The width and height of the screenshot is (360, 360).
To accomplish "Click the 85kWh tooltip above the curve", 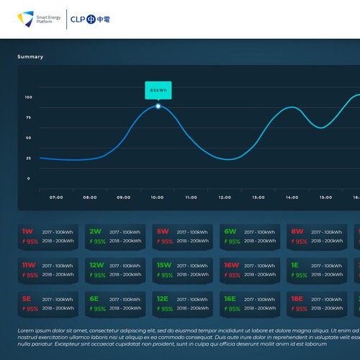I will point(158,91).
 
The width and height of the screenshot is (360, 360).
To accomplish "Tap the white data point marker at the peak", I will point(158,107).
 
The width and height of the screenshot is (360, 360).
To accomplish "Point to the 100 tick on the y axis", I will point(28,97).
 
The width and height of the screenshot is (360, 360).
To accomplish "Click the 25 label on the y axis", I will point(28,158).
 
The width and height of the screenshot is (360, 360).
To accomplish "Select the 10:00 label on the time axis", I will point(157,197).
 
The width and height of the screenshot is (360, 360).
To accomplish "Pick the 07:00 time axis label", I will point(56,197).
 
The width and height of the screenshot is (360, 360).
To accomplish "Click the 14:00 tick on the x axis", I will point(292,197).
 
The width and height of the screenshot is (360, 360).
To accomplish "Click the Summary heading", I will point(30,57).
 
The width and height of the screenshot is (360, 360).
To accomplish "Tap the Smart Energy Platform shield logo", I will point(26,18).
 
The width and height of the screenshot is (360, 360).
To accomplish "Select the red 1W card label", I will point(27,232).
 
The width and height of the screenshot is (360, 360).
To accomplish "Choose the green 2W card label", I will point(95,232).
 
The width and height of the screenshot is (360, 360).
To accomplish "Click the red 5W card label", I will point(162,232).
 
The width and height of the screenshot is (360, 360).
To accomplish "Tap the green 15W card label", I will point(164,265).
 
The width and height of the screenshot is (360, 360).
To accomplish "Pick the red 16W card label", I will point(231,265).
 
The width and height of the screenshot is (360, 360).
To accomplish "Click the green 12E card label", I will point(163,298).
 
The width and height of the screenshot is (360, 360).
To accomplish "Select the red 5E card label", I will point(27,298).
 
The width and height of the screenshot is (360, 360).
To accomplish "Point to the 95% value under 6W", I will point(234,242).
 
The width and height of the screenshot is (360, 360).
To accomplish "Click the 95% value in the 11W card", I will point(32,275).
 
